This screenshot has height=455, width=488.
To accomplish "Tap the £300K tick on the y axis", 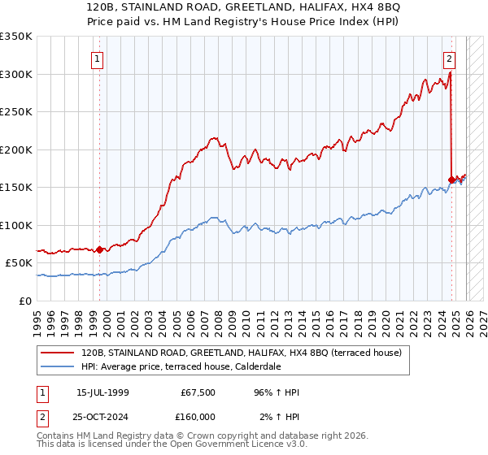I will (x=16, y=74).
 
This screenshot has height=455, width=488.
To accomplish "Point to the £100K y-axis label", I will (x=16, y=225).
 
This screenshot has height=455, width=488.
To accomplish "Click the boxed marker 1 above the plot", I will (x=98, y=58).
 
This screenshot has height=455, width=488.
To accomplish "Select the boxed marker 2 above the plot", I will (x=448, y=58).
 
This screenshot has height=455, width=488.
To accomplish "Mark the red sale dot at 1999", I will (x=100, y=249).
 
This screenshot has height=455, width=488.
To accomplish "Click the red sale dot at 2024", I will (x=451, y=180).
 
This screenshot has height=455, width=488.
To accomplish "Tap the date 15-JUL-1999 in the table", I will (x=102, y=392).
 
